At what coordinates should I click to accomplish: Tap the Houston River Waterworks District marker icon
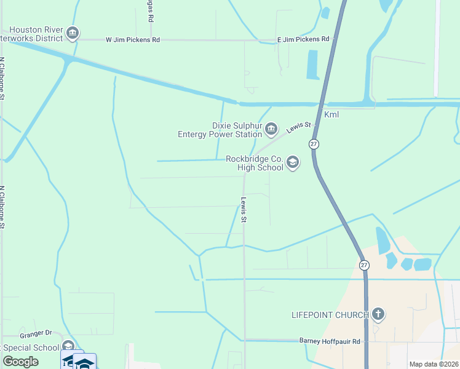coord(73,33)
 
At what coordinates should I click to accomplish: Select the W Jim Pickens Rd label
coord(133,39)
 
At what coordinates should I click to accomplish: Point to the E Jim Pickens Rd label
coord(303,39)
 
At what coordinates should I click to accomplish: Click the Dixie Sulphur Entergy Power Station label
coord(220,130)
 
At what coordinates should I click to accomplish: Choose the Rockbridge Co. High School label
coord(255,162)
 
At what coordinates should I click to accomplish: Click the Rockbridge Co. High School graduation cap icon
coord(293,162)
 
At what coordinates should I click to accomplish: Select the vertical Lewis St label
coord(244,209)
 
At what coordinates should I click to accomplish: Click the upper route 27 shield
coord(314,144)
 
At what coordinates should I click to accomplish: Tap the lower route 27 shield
coord(364,264)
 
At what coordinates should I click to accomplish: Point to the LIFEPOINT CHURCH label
coord(330,315)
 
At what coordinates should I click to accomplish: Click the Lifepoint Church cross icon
coord(378,315)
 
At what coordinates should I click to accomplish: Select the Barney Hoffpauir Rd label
coord(329,341)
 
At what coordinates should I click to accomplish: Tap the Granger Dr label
coord(36,333)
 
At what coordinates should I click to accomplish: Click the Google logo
coord(21,362)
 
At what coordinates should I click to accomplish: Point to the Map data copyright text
coord(434,364)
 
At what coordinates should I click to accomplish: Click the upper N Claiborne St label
coord(3,79)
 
